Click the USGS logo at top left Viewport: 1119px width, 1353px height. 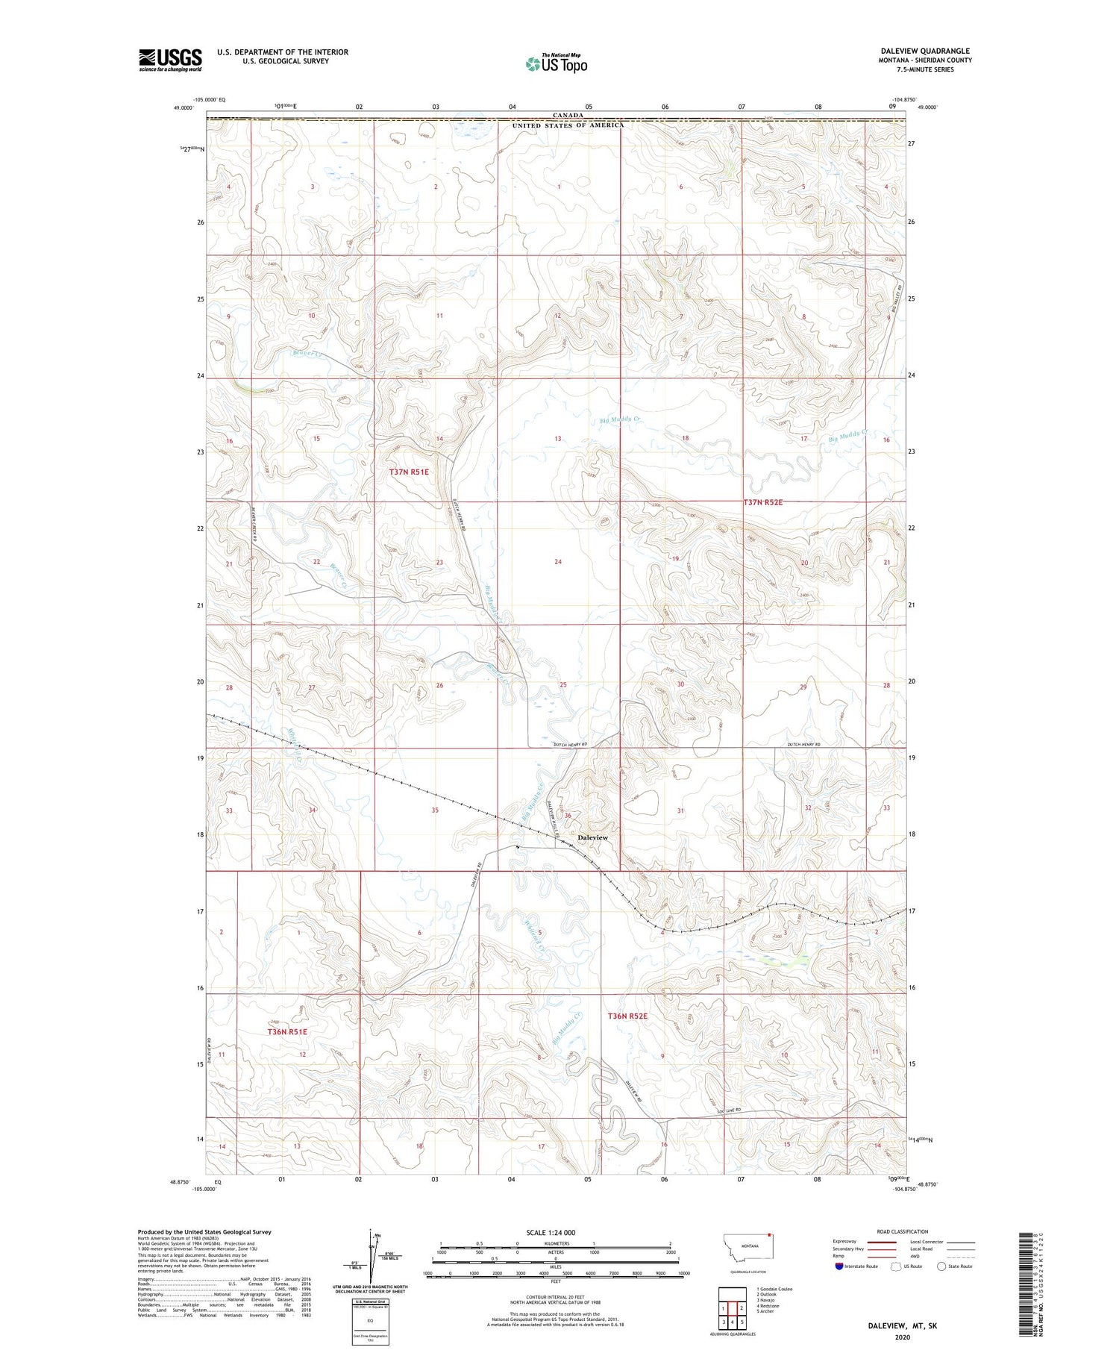click(170, 60)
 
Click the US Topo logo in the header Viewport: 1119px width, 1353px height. click(556, 64)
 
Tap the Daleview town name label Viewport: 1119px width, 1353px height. click(592, 838)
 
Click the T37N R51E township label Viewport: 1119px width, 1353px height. click(409, 472)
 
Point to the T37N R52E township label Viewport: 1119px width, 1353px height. click(762, 502)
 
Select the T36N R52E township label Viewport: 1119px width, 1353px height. click(627, 1016)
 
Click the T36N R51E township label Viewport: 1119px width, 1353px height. click(287, 1031)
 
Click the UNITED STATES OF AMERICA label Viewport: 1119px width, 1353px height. click(568, 125)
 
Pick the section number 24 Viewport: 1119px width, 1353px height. click(557, 561)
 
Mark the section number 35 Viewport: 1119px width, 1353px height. click(435, 810)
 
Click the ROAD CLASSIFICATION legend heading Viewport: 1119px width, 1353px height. click(902, 1231)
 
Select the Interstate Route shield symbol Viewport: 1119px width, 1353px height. click(839, 1266)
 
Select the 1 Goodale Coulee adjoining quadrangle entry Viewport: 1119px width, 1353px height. click(774, 1289)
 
